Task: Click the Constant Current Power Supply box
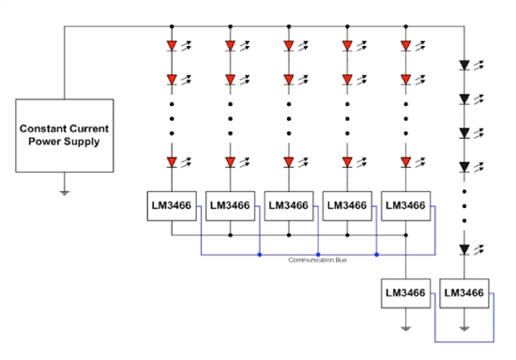click(65, 133)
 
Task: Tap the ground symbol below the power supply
click(65, 191)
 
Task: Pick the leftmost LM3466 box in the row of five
click(172, 206)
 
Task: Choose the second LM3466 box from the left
click(231, 206)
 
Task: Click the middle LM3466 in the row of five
click(289, 206)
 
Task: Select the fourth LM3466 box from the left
click(347, 206)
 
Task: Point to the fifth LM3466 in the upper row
click(405, 206)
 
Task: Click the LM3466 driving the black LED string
click(464, 293)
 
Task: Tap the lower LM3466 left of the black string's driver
click(405, 293)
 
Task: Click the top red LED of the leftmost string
click(172, 44)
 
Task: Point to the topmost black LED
click(464, 67)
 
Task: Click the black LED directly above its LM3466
click(464, 250)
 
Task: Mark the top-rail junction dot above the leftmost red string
click(172, 26)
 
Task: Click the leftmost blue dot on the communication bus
click(259, 253)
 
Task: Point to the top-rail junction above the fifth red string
click(405, 26)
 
